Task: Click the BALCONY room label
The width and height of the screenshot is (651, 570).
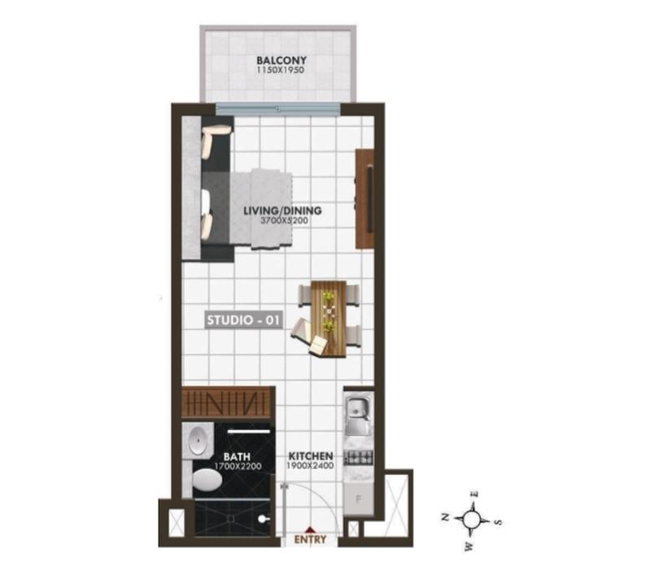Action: click(x=281, y=60)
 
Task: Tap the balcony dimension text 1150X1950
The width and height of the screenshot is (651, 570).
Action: click(x=281, y=70)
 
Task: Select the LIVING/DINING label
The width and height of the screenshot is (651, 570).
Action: click(x=282, y=211)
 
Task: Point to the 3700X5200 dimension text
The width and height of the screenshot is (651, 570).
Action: click(x=284, y=220)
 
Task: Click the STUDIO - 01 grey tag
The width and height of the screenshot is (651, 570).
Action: click(x=242, y=320)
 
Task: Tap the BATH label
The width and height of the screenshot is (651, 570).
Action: click(x=237, y=457)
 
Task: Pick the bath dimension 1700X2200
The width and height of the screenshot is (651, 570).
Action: click(x=238, y=466)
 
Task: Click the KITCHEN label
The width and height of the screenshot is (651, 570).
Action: click(x=311, y=456)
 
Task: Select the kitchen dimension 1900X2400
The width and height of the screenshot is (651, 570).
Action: click(x=310, y=466)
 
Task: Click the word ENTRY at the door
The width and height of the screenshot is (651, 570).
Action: click(x=310, y=539)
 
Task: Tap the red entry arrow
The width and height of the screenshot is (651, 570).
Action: click(x=309, y=529)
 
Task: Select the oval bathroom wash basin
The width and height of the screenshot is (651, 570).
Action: click(x=198, y=441)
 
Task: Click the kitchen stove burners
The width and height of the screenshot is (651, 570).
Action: click(x=360, y=458)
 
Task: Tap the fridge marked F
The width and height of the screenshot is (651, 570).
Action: click(x=359, y=499)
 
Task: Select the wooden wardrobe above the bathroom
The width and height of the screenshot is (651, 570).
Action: click(x=228, y=403)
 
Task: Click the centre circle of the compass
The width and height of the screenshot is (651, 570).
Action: click(x=471, y=519)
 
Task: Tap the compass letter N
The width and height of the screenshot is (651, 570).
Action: click(x=445, y=517)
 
